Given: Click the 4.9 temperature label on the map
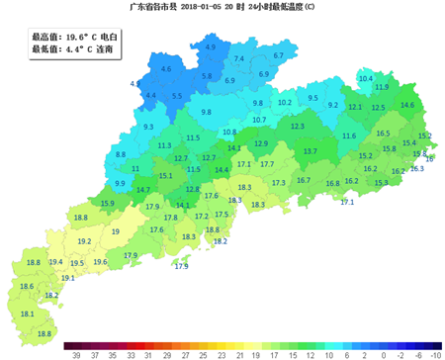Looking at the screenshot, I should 210,47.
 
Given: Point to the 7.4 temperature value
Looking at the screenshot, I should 238,59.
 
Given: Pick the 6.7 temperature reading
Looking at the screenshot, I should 278,56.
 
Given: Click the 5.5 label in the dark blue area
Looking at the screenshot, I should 177,96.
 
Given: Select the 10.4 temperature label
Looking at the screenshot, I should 365,78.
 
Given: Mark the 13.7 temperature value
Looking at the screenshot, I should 310,151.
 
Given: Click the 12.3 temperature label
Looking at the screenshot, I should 297,127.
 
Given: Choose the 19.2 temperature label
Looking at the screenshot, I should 84,241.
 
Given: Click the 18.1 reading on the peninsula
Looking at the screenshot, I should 28,314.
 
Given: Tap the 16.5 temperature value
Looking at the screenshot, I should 383,134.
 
